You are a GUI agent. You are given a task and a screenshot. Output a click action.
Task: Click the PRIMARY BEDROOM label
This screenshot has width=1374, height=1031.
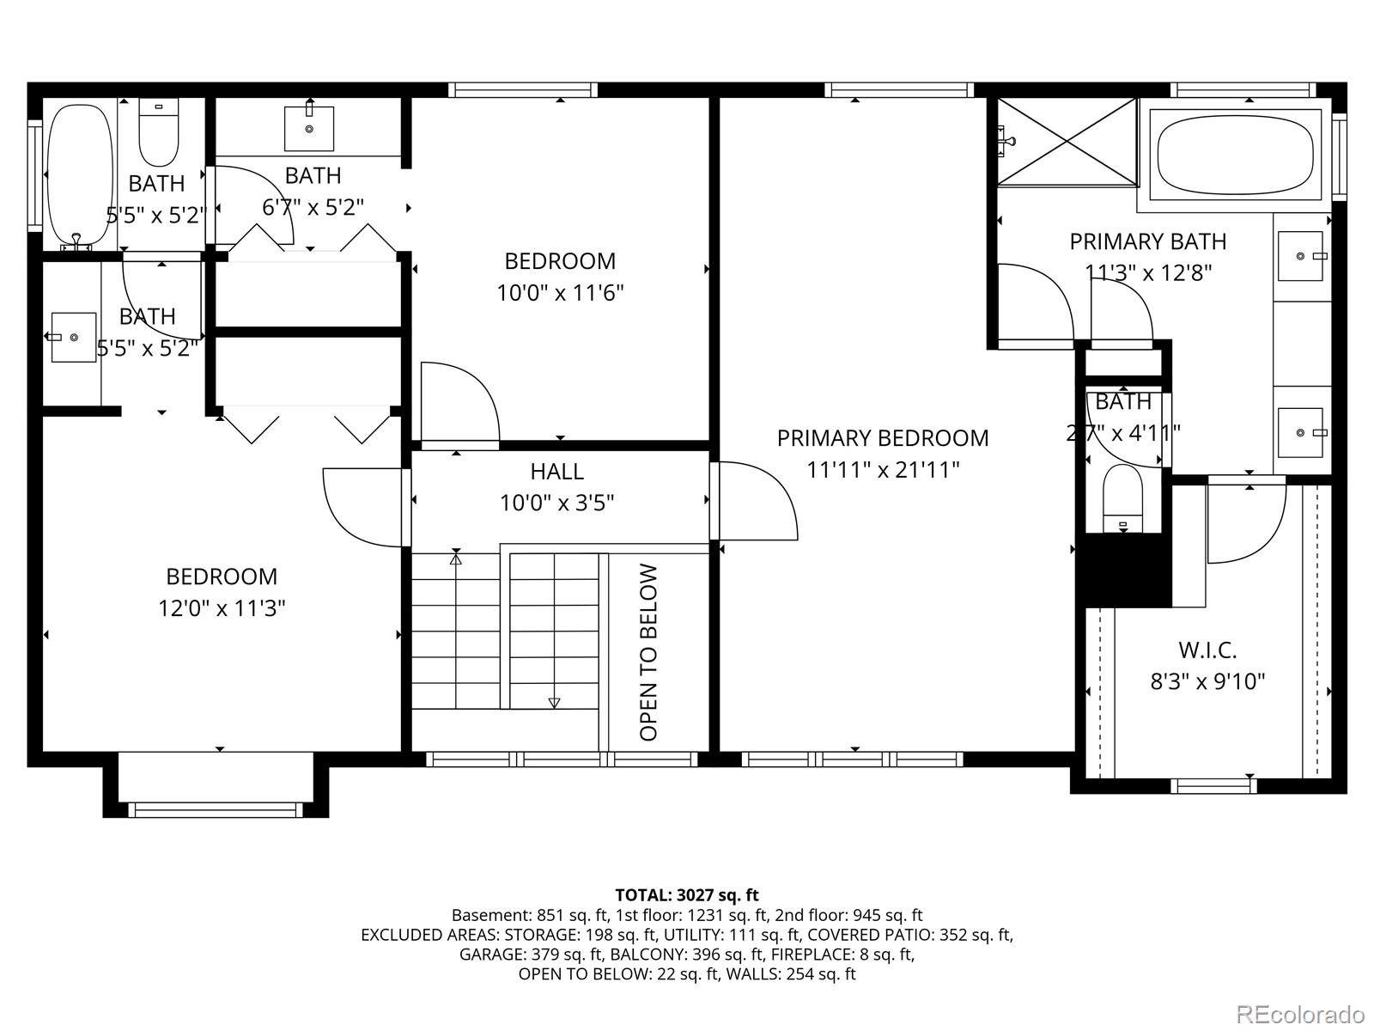(883, 438)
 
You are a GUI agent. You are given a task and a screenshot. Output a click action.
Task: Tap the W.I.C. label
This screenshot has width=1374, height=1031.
(1207, 650)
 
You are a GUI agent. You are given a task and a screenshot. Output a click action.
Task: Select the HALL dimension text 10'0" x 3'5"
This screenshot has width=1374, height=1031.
(556, 503)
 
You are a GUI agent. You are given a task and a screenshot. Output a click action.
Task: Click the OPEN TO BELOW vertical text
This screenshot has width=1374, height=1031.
(649, 652)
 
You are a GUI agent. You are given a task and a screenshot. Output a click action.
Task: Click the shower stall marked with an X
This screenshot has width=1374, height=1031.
(1067, 142)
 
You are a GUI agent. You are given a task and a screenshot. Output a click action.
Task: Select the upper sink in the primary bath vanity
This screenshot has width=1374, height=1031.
(1300, 256)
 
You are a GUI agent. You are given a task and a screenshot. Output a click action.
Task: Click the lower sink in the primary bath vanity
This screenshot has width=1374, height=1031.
(1300, 432)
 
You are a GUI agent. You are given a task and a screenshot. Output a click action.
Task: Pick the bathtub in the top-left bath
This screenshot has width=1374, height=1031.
(79, 176)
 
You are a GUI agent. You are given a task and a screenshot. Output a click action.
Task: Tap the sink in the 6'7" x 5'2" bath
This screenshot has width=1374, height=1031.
(308, 127)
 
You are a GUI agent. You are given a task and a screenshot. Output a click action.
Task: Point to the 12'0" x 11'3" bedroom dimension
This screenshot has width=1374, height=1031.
(222, 608)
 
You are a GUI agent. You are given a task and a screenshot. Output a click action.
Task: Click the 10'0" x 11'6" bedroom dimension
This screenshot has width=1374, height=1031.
(560, 293)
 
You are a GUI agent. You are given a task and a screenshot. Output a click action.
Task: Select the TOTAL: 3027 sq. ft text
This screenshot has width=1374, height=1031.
(686, 895)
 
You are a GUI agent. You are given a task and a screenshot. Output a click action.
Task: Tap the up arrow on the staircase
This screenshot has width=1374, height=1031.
(456, 560)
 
